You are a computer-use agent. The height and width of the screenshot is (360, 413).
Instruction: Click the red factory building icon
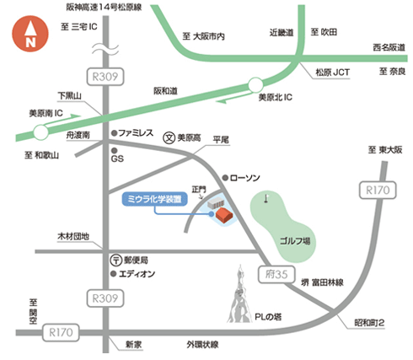click(224, 217)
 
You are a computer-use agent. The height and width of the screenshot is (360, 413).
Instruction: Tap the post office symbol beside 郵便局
click(115, 260)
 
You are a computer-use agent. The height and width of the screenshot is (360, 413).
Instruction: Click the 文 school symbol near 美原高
click(169, 138)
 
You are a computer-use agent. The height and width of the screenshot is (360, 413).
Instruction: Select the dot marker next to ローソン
click(224, 177)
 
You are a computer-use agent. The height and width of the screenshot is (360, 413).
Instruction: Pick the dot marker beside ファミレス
click(114, 132)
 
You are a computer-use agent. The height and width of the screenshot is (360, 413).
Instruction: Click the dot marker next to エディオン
click(115, 274)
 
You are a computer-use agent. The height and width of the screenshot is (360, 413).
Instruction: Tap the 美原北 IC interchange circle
click(255, 83)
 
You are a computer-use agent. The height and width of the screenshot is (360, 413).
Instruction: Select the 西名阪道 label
click(388, 48)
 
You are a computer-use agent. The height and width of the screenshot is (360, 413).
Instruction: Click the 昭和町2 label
click(369, 325)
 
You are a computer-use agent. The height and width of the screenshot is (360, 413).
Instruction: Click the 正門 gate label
click(199, 189)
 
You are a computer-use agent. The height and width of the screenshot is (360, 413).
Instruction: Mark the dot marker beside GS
click(115, 147)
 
